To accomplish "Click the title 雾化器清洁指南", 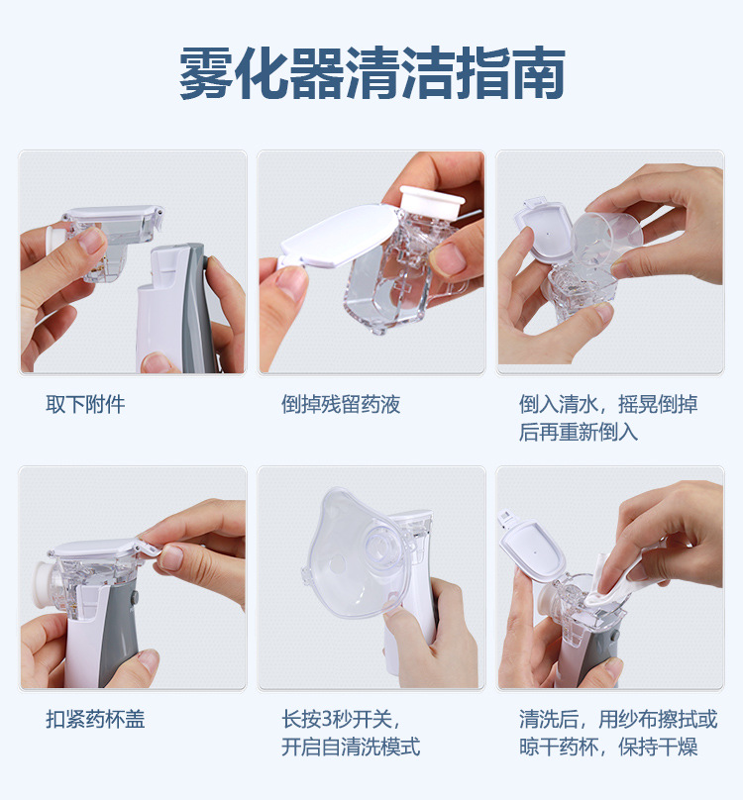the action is click(x=371, y=72).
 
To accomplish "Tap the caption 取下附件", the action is click(x=85, y=405).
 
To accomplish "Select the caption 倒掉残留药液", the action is click(x=341, y=405).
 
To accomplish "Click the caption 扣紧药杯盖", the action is click(x=95, y=720).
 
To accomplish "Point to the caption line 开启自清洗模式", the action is click(x=351, y=747).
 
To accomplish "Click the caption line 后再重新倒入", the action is click(x=579, y=432).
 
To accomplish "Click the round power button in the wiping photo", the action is click(x=614, y=636).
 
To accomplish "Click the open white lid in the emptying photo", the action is click(x=339, y=235).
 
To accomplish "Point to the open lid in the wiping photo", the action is click(x=534, y=550).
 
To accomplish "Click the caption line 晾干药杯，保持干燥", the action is click(x=608, y=747).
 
